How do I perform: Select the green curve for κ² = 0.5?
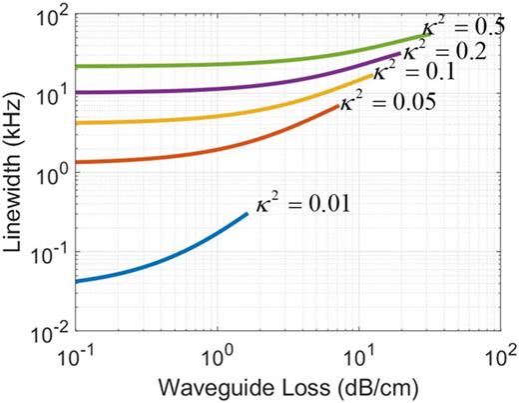200,65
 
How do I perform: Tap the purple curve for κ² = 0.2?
200,92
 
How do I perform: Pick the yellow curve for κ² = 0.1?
200,122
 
